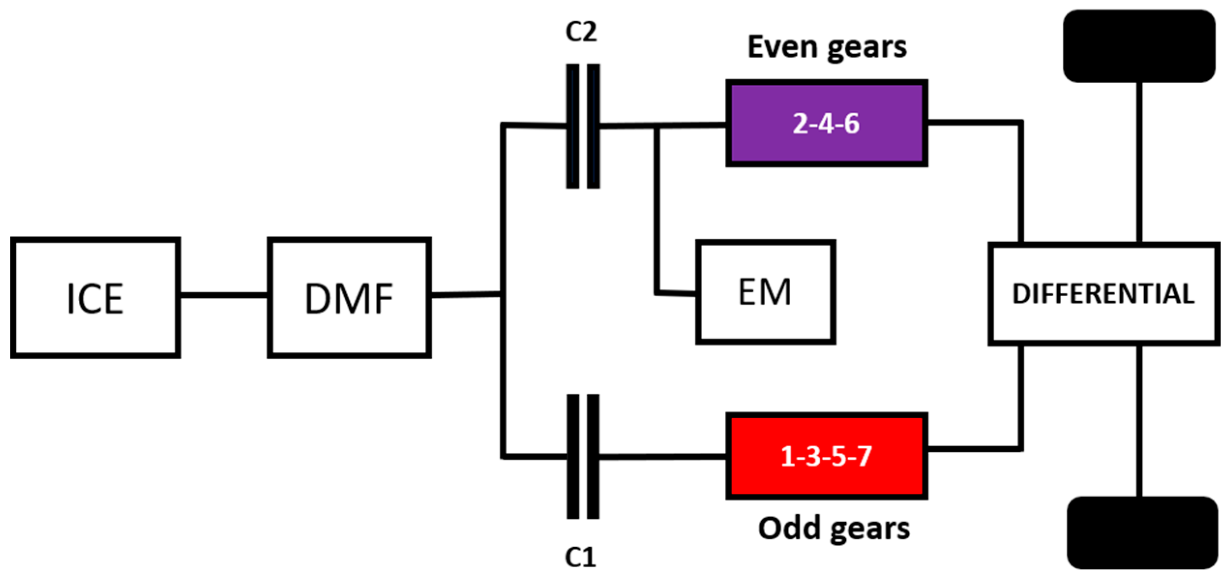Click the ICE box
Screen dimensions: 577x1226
[x=95, y=298]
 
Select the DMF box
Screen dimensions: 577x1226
[x=349, y=298]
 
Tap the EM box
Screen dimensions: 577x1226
[x=765, y=292]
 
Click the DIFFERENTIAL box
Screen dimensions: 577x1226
[x=1103, y=294]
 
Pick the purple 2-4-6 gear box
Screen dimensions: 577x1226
[x=826, y=123]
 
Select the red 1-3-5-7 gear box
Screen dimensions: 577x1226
[x=826, y=456]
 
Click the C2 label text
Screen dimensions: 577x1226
[x=581, y=32]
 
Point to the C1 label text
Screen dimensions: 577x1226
[x=580, y=557]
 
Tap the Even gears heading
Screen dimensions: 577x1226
[x=827, y=47]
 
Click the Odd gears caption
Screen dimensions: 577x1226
[x=833, y=528]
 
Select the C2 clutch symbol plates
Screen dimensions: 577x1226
[x=583, y=126]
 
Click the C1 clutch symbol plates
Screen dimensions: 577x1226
[x=583, y=456]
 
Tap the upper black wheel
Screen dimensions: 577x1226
[x=1138, y=46]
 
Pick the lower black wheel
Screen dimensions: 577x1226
[x=1141, y=532]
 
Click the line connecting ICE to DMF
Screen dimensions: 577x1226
[x=223, y=295]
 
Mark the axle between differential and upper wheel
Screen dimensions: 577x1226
[x=1139, y=162]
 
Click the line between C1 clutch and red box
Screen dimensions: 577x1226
[x=663, y=456]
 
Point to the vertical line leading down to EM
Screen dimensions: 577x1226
[x=656, y=208]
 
